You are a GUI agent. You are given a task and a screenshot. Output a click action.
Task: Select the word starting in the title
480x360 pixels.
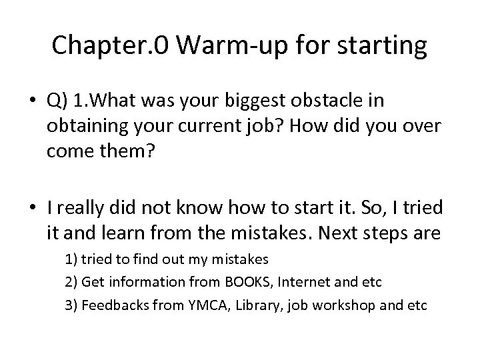pyautogui.click(x=379, y=45)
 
